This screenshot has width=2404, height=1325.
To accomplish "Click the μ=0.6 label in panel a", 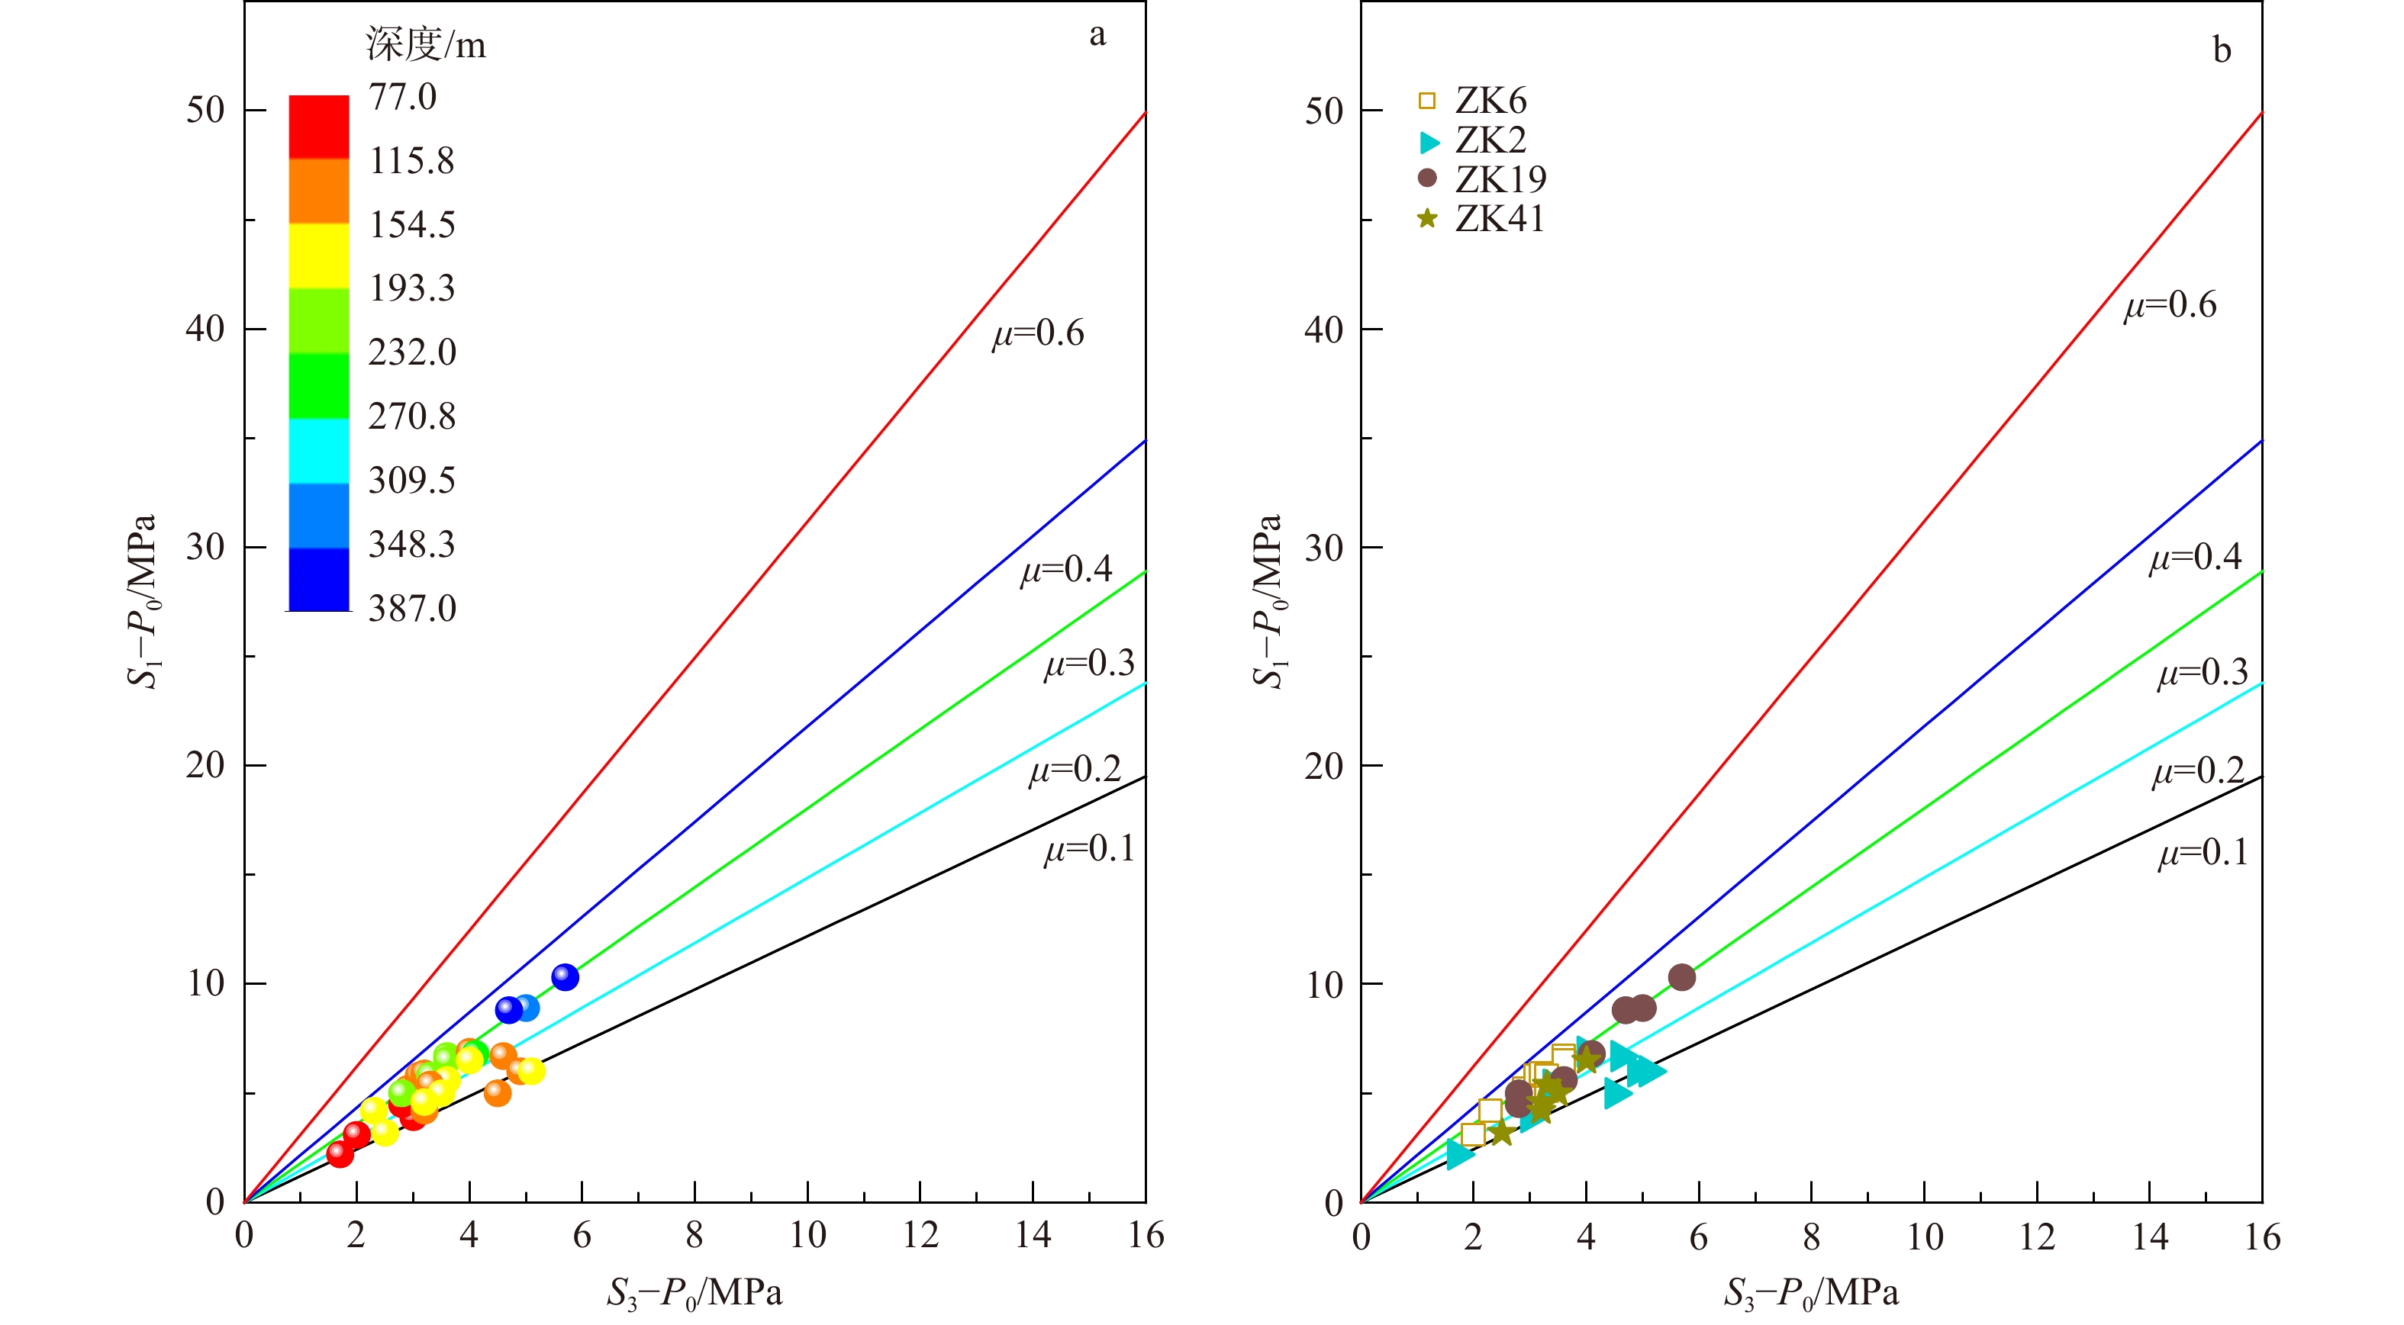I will pyautogui.click(x=1038, y=333).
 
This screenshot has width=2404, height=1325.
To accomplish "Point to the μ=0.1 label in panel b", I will pyautogui.click(x=2203, y=853).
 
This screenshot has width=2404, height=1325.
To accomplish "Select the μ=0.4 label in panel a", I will pyautogui.click(x=1065, y=569).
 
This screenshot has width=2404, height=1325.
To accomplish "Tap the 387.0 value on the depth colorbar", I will pyautogui.click(x=411, y=609).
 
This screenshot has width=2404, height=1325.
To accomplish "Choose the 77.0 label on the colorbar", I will pyautogui.click(x=402, y=97).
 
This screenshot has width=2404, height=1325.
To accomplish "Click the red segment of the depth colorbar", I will pyautogui.click(x=318, y=127).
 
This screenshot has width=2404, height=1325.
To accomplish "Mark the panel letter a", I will pyautogui.click(x=1097, y=34).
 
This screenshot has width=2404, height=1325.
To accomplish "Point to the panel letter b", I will pyautogui.click(x=2222, y=50).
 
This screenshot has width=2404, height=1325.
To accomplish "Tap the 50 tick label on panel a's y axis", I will pyautogui.click(x=205, y=110).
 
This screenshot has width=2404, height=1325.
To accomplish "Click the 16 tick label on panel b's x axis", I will pyautogui.click(x=2262, y=1237).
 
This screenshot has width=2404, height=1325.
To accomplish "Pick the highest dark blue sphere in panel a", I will pyautogui.click(x=565, y=977).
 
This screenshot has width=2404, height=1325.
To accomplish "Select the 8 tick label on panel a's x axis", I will pyautogui.click(x=694, y=1236).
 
